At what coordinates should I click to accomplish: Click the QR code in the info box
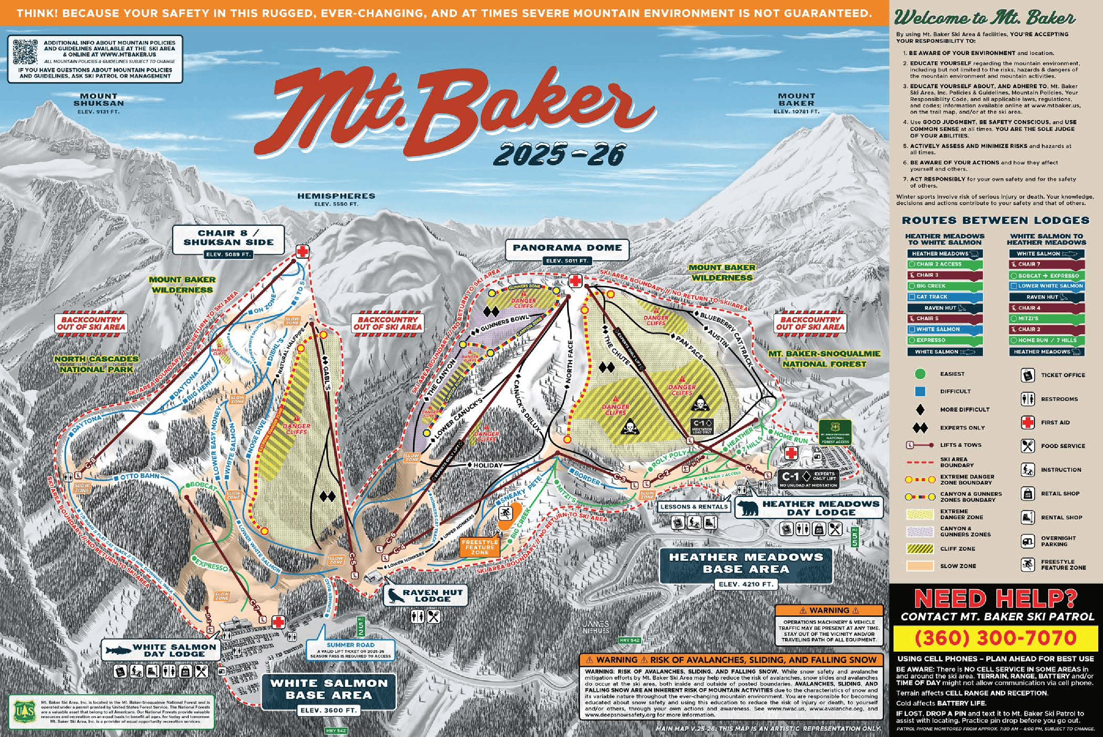25,52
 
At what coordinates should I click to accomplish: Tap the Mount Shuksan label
98,100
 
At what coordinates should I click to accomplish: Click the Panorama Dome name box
567,248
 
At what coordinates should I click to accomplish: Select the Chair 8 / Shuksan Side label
228,238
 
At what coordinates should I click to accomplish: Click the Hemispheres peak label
336,196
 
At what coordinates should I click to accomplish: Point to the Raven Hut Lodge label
432,596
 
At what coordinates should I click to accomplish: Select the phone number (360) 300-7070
995,638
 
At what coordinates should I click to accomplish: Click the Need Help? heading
995,599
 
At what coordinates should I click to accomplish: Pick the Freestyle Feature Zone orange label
480,547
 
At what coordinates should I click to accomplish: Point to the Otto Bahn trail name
139,476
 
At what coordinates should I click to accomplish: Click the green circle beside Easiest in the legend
920,374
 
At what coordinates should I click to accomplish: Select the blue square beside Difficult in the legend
920,391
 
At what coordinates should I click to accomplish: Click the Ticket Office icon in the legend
1027,375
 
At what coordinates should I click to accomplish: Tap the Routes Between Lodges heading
995,220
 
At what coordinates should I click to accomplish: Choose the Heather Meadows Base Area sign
746,563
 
